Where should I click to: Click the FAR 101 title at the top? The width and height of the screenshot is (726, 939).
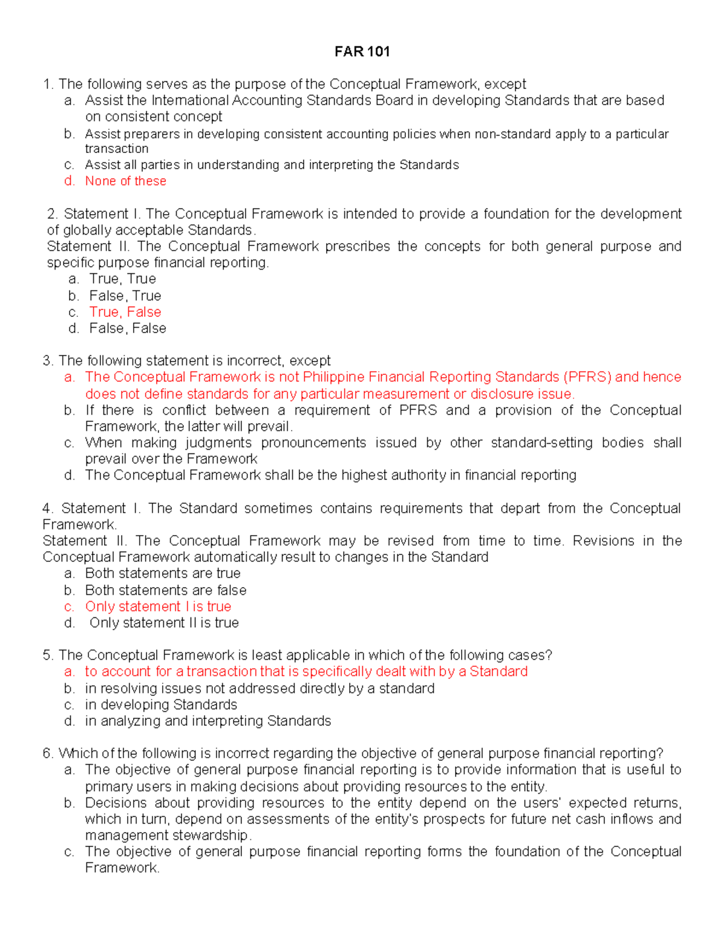pyautogui.click(x=362, y=51)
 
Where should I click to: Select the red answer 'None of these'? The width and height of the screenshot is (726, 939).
pyautogui.click(x=125, y=181)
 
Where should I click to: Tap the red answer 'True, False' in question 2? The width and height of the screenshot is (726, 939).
pyautogui.click(x=125, y=312)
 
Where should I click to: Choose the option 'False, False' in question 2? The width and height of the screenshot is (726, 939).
pyautogui.click(x=128, y=328)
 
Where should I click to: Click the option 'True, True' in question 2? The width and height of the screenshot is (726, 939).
pyautogui.click(x=123, y=279)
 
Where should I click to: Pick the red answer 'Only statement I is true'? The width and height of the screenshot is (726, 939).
pyautogui.click(x=158, y=606)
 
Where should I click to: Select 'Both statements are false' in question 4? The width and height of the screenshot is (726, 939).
pyautogui.click(x=166, y=590)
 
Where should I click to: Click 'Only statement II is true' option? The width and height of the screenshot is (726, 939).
pyautogui.click(x=164, y=623)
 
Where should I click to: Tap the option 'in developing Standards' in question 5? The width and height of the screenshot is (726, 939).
pyautogui.click(x=161, y=704)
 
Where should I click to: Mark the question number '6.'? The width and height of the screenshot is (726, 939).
pyautogui.click(x=48, y=753)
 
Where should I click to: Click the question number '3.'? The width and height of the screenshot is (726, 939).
pyautogui.click(x=48, y=361)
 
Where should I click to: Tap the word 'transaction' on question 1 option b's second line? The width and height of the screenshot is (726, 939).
pyautogui.click(x=116, y=149)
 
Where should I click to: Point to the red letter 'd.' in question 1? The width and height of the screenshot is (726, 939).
pyautogui.click(x=70, y=181)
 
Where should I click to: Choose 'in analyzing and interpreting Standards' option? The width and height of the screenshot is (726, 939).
pyautogui.click(x=208, y=721)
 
